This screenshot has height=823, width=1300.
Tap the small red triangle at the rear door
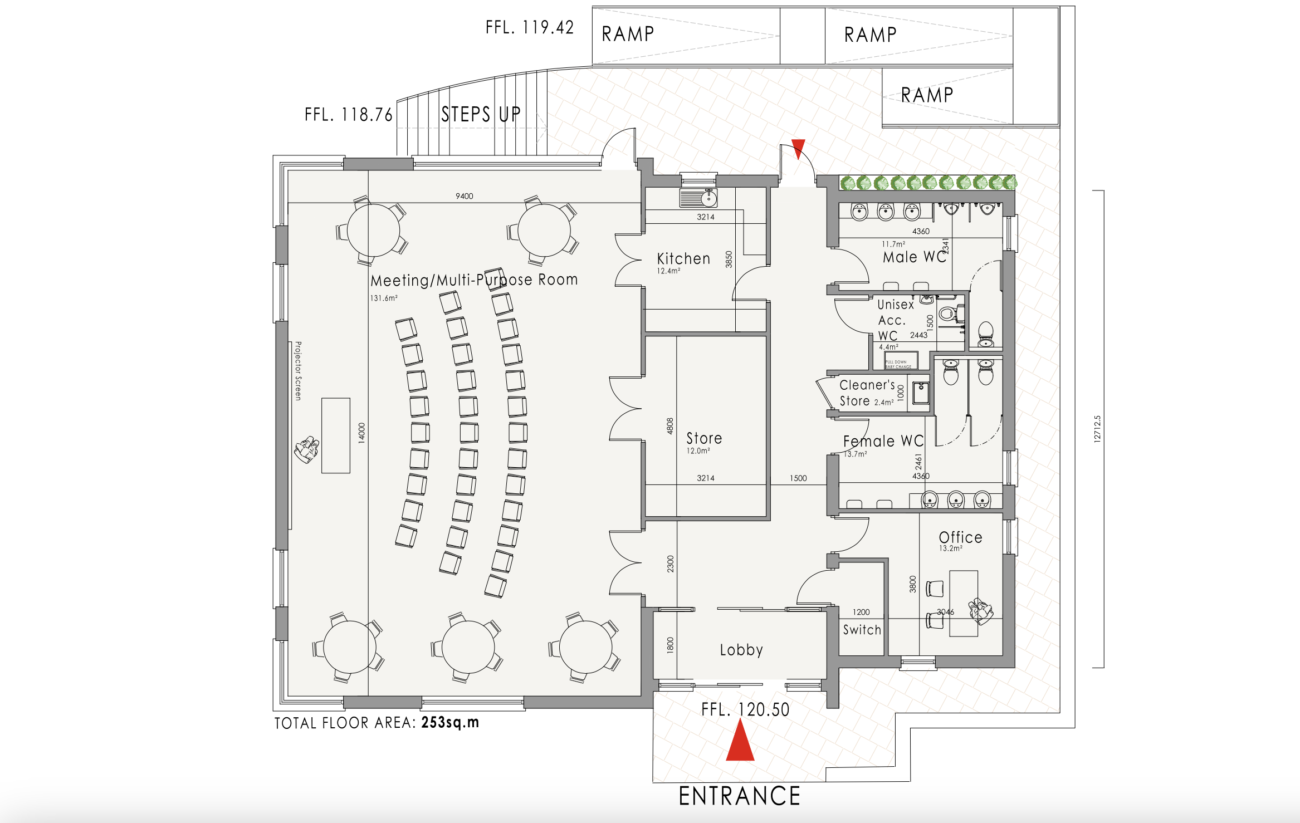pos(798,148)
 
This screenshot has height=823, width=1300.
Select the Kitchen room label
pos(683,259)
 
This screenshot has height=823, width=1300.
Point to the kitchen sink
pos(698,198)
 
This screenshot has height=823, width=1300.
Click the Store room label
pos(704,439)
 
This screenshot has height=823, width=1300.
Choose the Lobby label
pos(741,650)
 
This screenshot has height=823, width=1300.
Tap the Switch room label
pos(862,630)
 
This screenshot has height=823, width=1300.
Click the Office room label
pos(960,537)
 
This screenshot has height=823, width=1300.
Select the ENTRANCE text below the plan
pos(740,796)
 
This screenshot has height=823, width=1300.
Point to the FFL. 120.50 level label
pos(745,710)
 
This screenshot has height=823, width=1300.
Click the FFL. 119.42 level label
pos(529,27)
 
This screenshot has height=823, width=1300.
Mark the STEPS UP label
pos(481,115)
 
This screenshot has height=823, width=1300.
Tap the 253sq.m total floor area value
pos(450,723)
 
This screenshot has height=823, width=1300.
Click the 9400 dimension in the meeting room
pos(464,196)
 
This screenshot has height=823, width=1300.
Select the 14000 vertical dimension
pos(361,433)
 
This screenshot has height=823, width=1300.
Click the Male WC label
pos(914,257)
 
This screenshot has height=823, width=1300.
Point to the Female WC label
pos(883,442)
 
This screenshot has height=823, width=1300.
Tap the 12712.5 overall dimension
pos(1097,429)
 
